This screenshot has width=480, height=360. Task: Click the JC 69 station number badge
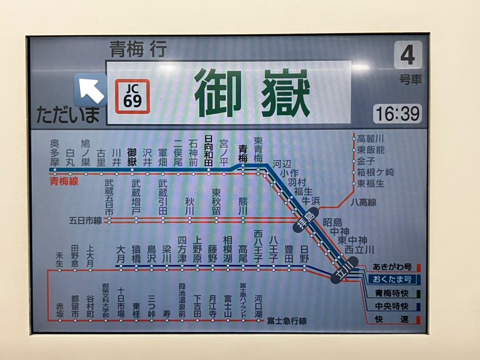point(133,97)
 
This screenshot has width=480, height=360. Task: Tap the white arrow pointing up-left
point(90,90)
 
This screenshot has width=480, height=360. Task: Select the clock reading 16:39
point(397,113)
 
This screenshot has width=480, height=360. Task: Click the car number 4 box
point(407,55)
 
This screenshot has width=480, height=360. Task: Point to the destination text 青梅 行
point(138,49)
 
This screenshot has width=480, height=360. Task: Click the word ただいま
point(68,114)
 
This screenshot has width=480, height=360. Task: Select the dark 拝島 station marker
point(306,218)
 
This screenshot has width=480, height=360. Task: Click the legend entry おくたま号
point(392,279)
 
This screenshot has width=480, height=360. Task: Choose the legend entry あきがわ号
point(392,267)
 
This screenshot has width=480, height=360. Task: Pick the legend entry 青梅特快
point(392,293)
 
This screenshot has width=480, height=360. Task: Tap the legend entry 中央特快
point(392,307)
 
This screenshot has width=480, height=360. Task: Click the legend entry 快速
point(392,320)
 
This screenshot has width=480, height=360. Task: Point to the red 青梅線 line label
point(64,181)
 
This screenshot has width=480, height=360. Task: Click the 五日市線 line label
point(85,220)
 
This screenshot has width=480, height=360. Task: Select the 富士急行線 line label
point(286,321)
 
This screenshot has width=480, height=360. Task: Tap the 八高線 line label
point(363,202)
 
